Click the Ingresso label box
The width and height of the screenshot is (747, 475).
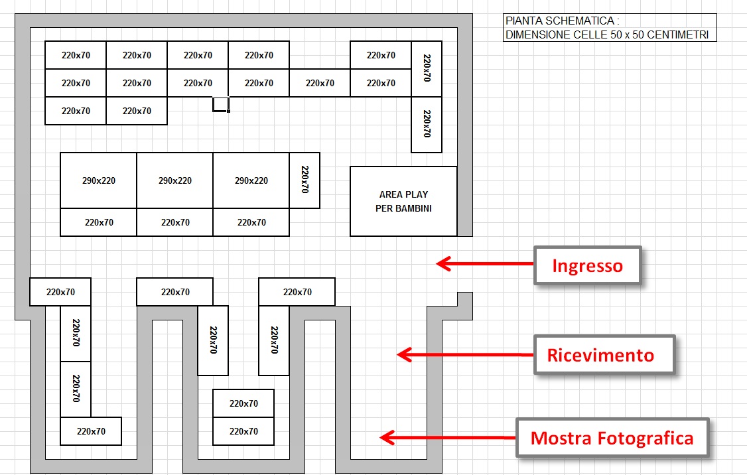click(x=587, y=265)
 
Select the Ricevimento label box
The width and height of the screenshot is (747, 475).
click(x=604, y=354)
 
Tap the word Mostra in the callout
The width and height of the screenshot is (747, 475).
click(x=561, y=438)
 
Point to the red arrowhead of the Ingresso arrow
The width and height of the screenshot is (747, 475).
click(x=444, y=263)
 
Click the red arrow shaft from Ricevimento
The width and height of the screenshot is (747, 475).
click(x=465, y=354)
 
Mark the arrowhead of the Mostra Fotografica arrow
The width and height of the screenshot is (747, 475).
click(x=387, y=437)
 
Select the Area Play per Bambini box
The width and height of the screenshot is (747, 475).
click(x=403, y=201)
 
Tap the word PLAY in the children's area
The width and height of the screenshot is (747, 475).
click(x=417, y=194)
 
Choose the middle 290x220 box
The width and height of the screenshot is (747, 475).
click(x=175, y=180)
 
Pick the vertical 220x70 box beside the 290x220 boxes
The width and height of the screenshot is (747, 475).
click(x=305, y=180)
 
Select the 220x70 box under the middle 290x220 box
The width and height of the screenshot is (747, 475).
click(x=175, y=222)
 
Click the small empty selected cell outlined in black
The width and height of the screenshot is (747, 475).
click(x=221, y=104)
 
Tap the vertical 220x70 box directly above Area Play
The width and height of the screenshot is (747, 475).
click(x=427, y=124)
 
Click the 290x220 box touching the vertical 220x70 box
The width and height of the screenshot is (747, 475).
click(x=251, y=180)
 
